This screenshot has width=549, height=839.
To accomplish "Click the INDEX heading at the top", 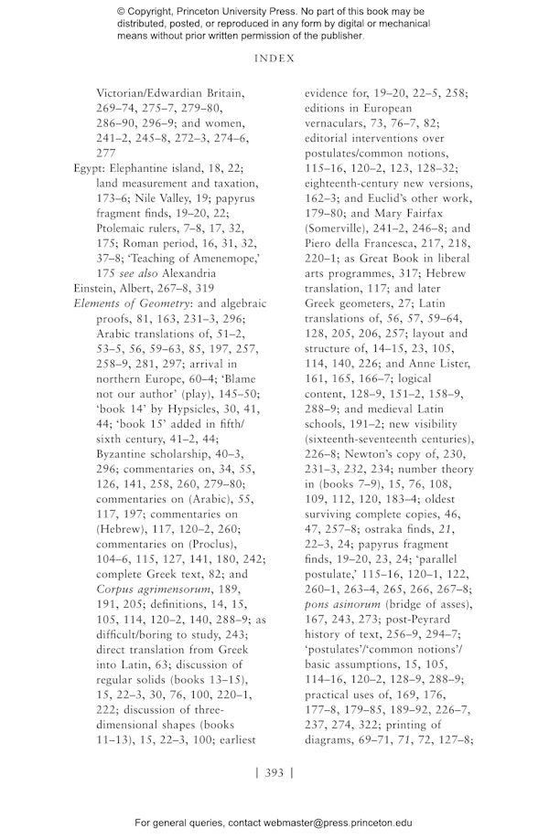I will pos(274,57).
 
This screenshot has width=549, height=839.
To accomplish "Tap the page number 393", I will pos(274,772).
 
